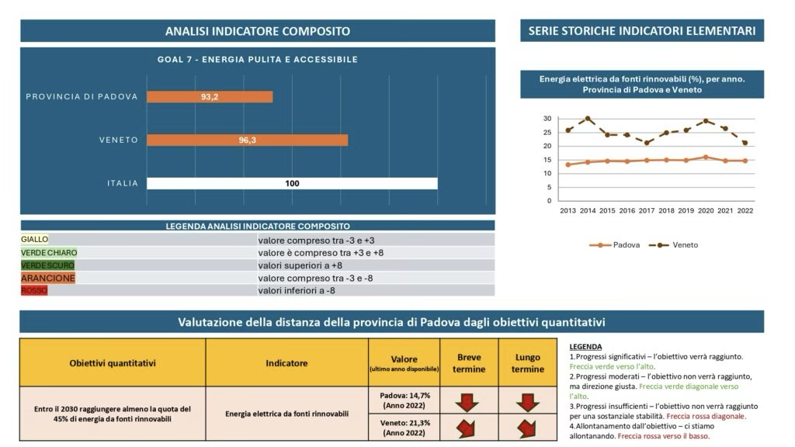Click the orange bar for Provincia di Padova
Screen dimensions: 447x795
[x=210, y=97]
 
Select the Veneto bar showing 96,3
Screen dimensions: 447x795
[x=247, y=140]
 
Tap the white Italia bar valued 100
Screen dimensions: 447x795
[x=292, y=184]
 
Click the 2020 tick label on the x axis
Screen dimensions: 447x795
[x=706, y=210]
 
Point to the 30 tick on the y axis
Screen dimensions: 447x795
[x=547, y=119]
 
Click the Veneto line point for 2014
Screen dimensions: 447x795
[x=588, y=119]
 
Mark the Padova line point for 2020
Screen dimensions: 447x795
[x=706, y=157]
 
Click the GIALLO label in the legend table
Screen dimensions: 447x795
[x=35, y=240]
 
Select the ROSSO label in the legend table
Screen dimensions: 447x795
[x=35, y=290]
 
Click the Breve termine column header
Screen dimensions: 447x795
[x=469, y=363]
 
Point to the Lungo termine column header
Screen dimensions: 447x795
[x=528, y=363]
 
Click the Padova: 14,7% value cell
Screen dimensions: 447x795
[x=404, y=400]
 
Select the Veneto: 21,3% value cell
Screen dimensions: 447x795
[x=404, y=428]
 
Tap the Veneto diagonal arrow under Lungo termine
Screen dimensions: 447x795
[x=527, y=428]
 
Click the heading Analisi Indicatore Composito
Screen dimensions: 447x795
[x=257, y=31]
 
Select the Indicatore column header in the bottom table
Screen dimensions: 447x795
[x=286, y=363]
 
